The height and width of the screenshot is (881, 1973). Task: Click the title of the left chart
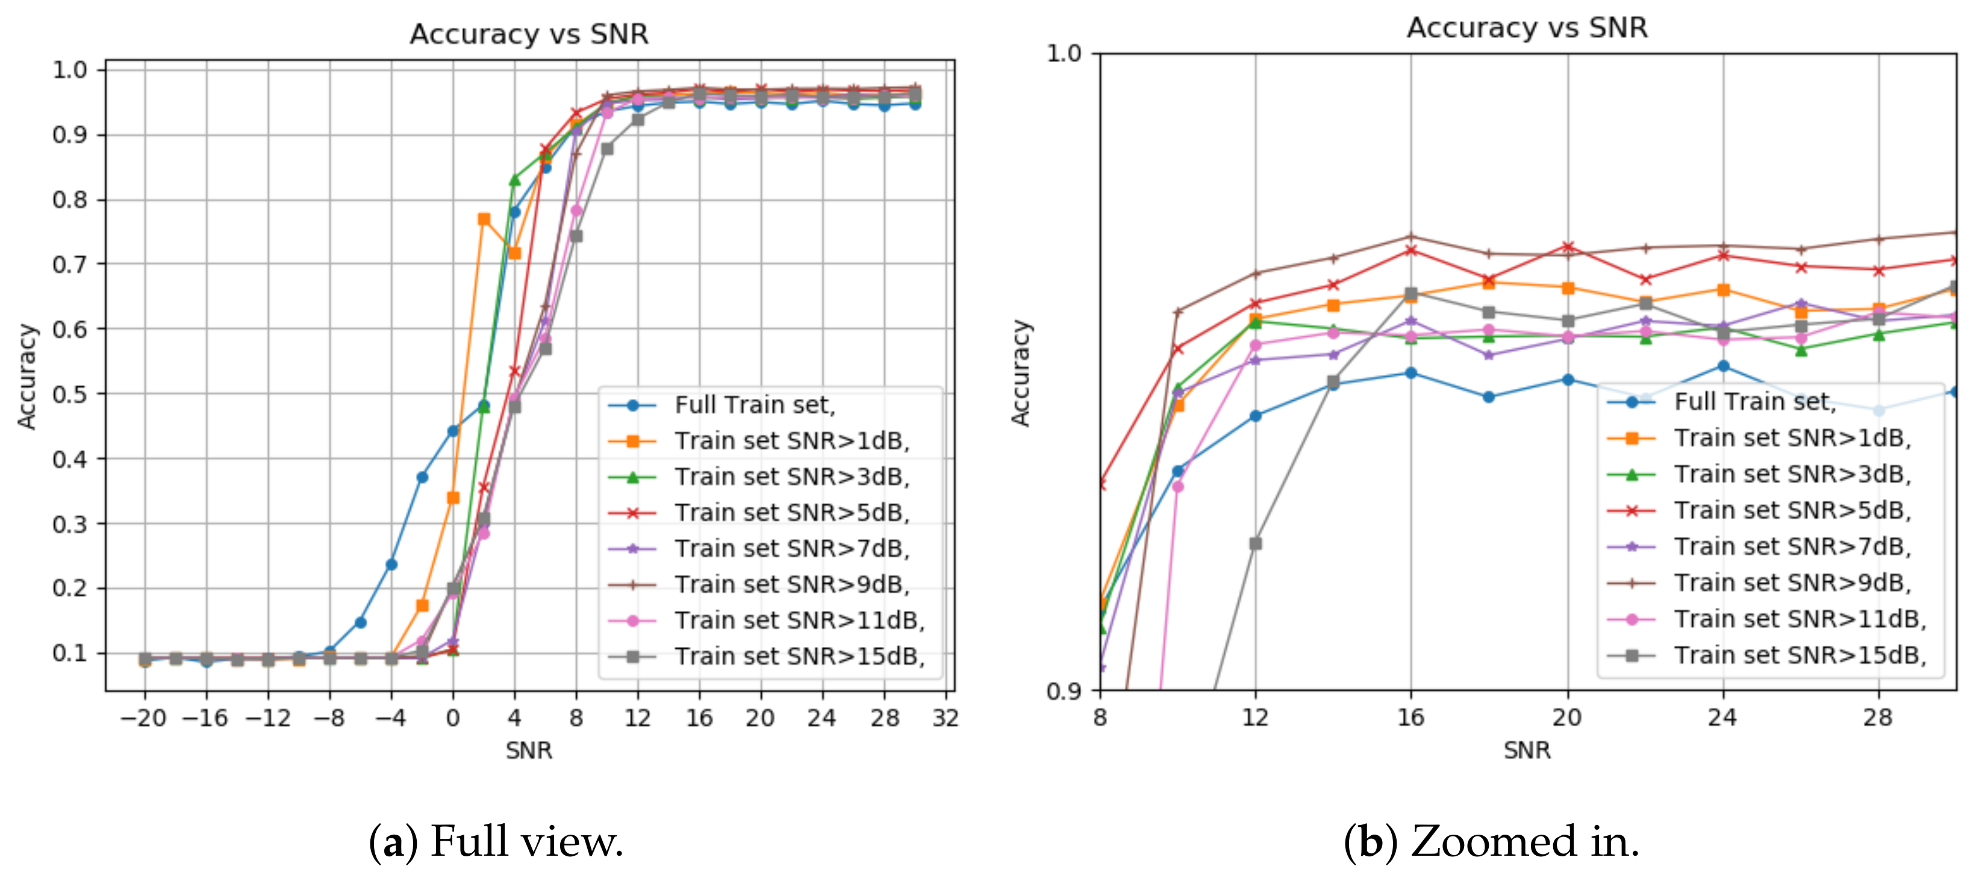click(x=529, y=34)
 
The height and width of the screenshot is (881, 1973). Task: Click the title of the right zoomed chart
click(x=1527, y=28)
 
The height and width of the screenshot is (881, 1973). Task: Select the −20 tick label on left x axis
click(x=143, y=718)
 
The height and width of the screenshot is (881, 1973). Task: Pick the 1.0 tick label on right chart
click(x=1063, y=54)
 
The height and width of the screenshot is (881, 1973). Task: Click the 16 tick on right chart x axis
click(x=1411, y=717)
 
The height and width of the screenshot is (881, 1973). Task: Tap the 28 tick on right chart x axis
click(x=1877, y=717)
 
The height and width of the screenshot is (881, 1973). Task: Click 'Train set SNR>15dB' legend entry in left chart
click(x=799, y=656)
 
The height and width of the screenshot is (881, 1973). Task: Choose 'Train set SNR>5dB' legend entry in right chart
click(x=1792, y=510)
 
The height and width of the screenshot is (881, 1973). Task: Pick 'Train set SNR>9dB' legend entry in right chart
click(x=1792, y=583)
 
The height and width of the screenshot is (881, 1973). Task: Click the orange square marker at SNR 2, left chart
click(x=483, y=219)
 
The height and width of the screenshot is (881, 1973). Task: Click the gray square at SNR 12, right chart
click(x=1255, y=543)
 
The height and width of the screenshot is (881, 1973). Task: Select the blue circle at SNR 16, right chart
click(x=1411, y=372)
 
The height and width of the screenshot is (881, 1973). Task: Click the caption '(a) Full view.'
click(x=496, y=841)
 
